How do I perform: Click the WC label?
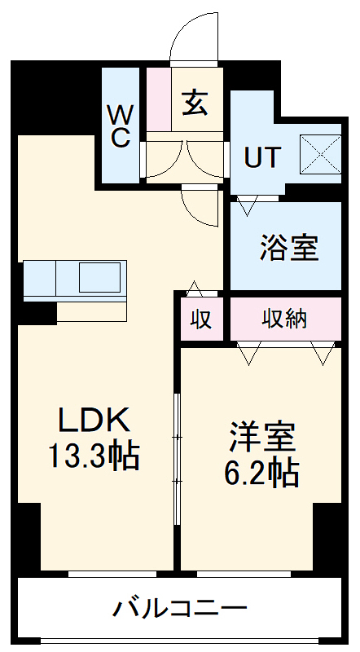120,125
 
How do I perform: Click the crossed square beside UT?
319,152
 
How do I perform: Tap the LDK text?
94,421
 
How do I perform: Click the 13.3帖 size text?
94,456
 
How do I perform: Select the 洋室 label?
261,438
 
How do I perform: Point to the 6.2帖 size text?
261,472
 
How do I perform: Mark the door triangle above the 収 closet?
194,289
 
